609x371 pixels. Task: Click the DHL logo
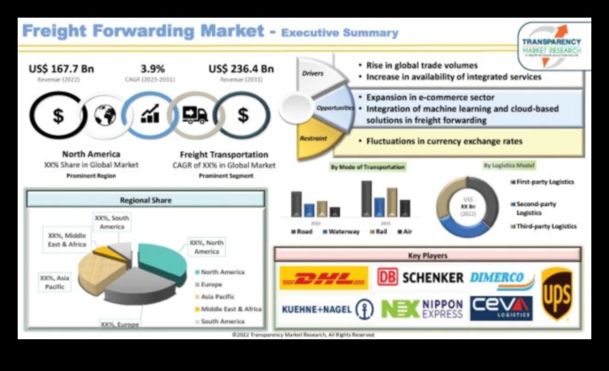tap(324, 278)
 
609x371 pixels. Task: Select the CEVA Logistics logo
tap(500, 308)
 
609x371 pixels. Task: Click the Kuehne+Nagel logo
tap(326, 308)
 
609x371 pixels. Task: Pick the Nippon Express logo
tap(422, 308)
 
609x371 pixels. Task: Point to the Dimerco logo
tap(501, 278)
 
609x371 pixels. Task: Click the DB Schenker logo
tap(420, 278)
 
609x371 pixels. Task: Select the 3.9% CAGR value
tap(152, 69)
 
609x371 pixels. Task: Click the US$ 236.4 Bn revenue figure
tap(241, 69)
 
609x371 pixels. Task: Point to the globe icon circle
tap(105, 115)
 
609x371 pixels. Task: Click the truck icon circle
tap(194, 115)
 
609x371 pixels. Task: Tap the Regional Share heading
tap(146, 199)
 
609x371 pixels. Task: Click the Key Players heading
tap(427, 256)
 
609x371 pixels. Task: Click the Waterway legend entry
tap(339, 231)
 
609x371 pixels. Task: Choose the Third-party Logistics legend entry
tap(544, 226)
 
